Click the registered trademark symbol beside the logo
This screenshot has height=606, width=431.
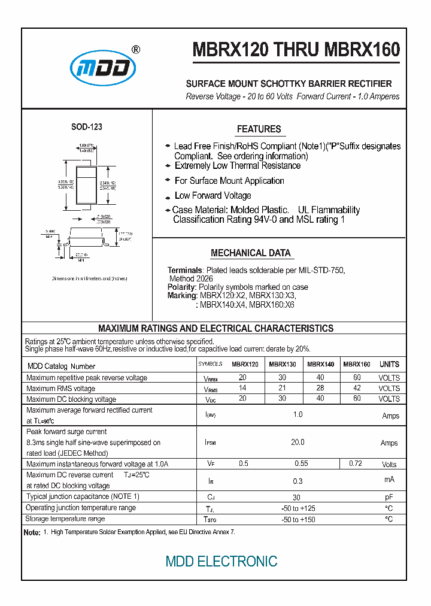pyautogui.click(x=136, y=50)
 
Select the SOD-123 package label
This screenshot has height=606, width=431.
pyautogui.click(x=87, y=127)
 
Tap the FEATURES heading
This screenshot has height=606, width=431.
pyautogui.click(x=259, y=129)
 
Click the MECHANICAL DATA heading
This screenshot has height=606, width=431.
pyautogui.click(x=251, y=253)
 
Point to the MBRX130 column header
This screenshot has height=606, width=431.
pyautogui.click(x=282, y=364)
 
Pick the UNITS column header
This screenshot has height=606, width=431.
pyautogui.click(x=389, y=364)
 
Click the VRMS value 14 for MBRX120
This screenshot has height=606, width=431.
pyautogui.click(x=242, y=388)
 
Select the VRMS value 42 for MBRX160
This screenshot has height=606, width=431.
pyautogui.click(x=357, y=388)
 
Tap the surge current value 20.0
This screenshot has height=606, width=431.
pyautogui.click(x=298, y=443)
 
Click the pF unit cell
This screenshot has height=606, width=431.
pyautogui.click(x=389, y=497)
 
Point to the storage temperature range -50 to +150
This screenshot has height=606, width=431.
pyautogui.click(x=298, y=519)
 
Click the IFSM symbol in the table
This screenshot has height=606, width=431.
pyautogui.click(x=210, y=443)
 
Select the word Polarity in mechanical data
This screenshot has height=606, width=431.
pyautogui.click(x=181, y=287)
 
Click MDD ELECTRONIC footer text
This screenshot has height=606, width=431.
pyautogui.click(x=221, y=561)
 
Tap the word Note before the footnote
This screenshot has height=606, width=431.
pyautogui.click(x=31, y=532)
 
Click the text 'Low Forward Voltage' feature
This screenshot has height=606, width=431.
pyautogui.click(x=213, y=196)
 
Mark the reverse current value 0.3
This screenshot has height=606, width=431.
pyautogui.click(x=298, y=481)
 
